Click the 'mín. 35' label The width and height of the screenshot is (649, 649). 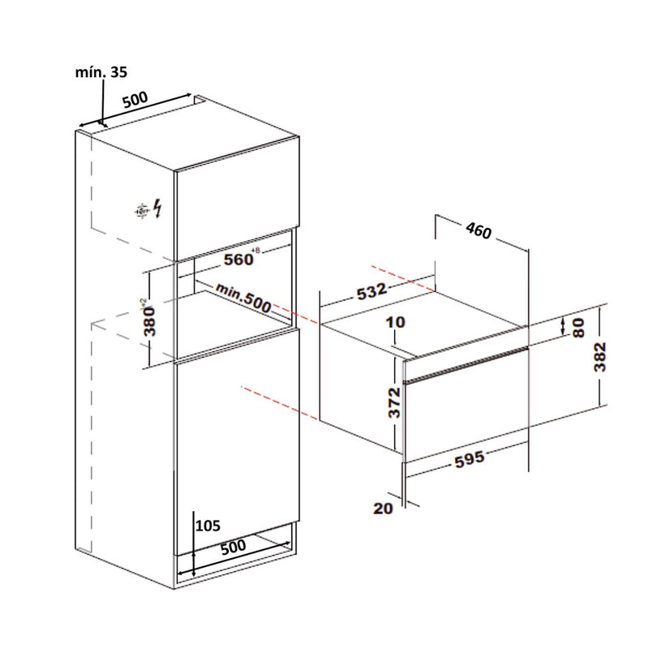pyautogui.click(x=101, y=72)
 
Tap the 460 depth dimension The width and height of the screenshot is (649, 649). pyautogui.click(x=479, y=230)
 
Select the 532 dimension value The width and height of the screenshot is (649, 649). pyautogui.click(x=372, y=290)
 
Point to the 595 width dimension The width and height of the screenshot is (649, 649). pyautogui.click(x=470, y=459)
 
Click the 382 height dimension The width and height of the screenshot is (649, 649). pyautogui.click(x=600, y=356)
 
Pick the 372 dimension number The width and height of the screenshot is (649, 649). pyautogui.click(x=394, y=402)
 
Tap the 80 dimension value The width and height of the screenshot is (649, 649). pyautogui.click(x=578, y=328)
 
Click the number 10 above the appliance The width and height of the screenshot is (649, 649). pyautogui.click(x=395, y=322)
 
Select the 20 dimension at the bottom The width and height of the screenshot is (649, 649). pyautogui.click(x=383, y=509)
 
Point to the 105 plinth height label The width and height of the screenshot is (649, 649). pyautogui.click(x=208, y=526)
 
